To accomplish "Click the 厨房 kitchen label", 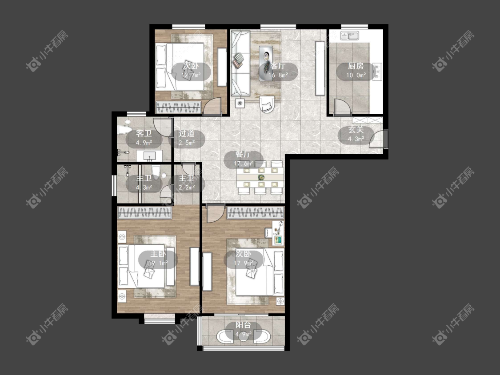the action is click(356, 66).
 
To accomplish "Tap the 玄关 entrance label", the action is click(356, 130).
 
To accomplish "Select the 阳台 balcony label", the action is click(243, 325).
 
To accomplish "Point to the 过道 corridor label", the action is click(187, 134).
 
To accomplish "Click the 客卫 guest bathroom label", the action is click(144, 133).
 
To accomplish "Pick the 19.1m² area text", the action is click(158, 263).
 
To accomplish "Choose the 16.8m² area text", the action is click(278, 75).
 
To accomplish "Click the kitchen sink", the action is click(350, 35).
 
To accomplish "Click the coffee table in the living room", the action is click(266, 63).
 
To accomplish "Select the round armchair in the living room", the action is click(267, 104).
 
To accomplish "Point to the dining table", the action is click(260, 177).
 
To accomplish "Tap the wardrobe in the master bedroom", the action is click(144, 213).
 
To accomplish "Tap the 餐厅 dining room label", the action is click(243, 154).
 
